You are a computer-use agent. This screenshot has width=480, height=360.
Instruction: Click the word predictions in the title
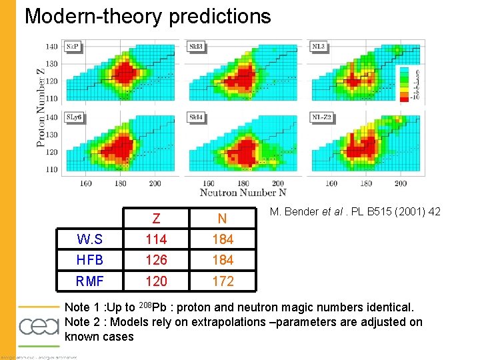pos(220,16)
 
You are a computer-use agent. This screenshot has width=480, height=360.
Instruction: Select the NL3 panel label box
pos(319,47)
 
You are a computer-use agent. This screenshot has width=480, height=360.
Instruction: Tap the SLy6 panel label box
pos(74,117)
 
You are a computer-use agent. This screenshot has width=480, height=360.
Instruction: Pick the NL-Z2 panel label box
pos(323,117)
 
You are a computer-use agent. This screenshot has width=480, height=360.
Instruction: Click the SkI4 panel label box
pos(197,117)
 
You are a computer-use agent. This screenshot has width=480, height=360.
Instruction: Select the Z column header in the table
pos(156,219)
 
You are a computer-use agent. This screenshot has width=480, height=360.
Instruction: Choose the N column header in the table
pos(222,219)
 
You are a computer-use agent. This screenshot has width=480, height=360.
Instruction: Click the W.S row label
pos(91,239)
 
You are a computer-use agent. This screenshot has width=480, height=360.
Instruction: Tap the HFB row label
pos(91,260)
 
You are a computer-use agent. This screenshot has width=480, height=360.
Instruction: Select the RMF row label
pos(91,281)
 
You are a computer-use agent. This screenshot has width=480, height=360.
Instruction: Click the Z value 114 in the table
pos(156,239)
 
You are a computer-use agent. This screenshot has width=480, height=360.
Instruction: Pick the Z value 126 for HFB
pos(156,260)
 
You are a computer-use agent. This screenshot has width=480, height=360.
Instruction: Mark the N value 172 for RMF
pos(223,281)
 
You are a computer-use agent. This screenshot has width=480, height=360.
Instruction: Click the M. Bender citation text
pos(355,213)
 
